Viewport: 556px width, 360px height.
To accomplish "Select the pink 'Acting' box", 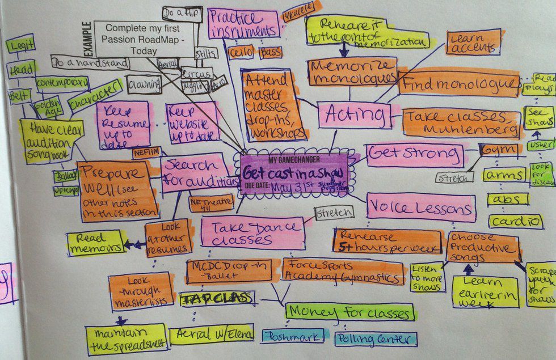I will [x=354, y=115].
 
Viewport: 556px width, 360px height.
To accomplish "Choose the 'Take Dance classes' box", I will [x=252, y=232].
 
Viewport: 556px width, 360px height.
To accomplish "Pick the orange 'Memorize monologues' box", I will [x=352, y=72].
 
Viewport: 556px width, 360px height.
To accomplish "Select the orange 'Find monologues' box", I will [x=459, y=84].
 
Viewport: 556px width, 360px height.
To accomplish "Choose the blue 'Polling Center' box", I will [x=375, y=339].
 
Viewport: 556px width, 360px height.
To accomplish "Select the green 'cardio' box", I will [x=516, y=221].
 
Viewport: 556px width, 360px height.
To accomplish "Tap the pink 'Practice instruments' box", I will [x=243, y=24].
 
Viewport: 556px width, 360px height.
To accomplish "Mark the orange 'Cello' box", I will [x=241, y=52].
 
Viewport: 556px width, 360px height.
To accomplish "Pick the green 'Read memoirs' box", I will [x=94, y=242].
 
